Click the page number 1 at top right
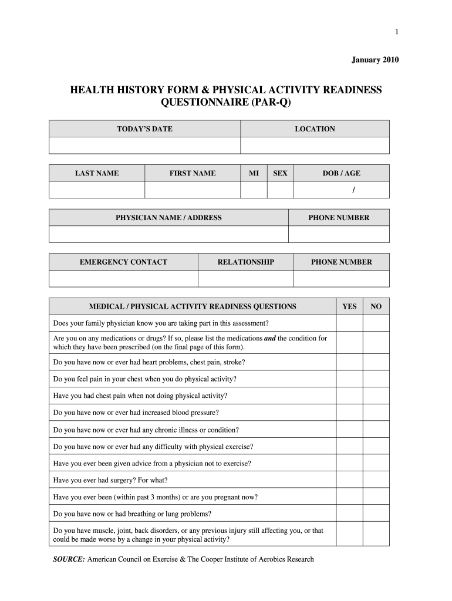click(x=397, y=32)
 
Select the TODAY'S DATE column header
click(x=144, y=129)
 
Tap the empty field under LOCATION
click(x=315, y=146)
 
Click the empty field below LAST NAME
click(x=97, y=190)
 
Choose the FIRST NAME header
click(x=193, y=173)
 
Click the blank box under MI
click(x=254, y=190)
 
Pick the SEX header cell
click(x=280, y=173)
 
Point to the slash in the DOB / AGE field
click(x=353, y=190)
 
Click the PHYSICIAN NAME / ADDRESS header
click(x=168, y=218)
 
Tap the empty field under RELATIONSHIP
click(x=245, y=278)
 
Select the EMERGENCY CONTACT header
click(x=123, y=262)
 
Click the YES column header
click(x=349, y=306)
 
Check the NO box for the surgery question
click(x=376, y=480)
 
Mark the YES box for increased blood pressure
click(x=349, y=412)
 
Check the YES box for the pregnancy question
click(x=349, y=497)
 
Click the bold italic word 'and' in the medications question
click(x=270, y=339)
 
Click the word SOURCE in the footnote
click(x=69, y=559)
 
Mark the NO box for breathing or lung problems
click(x=376, y=514)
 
